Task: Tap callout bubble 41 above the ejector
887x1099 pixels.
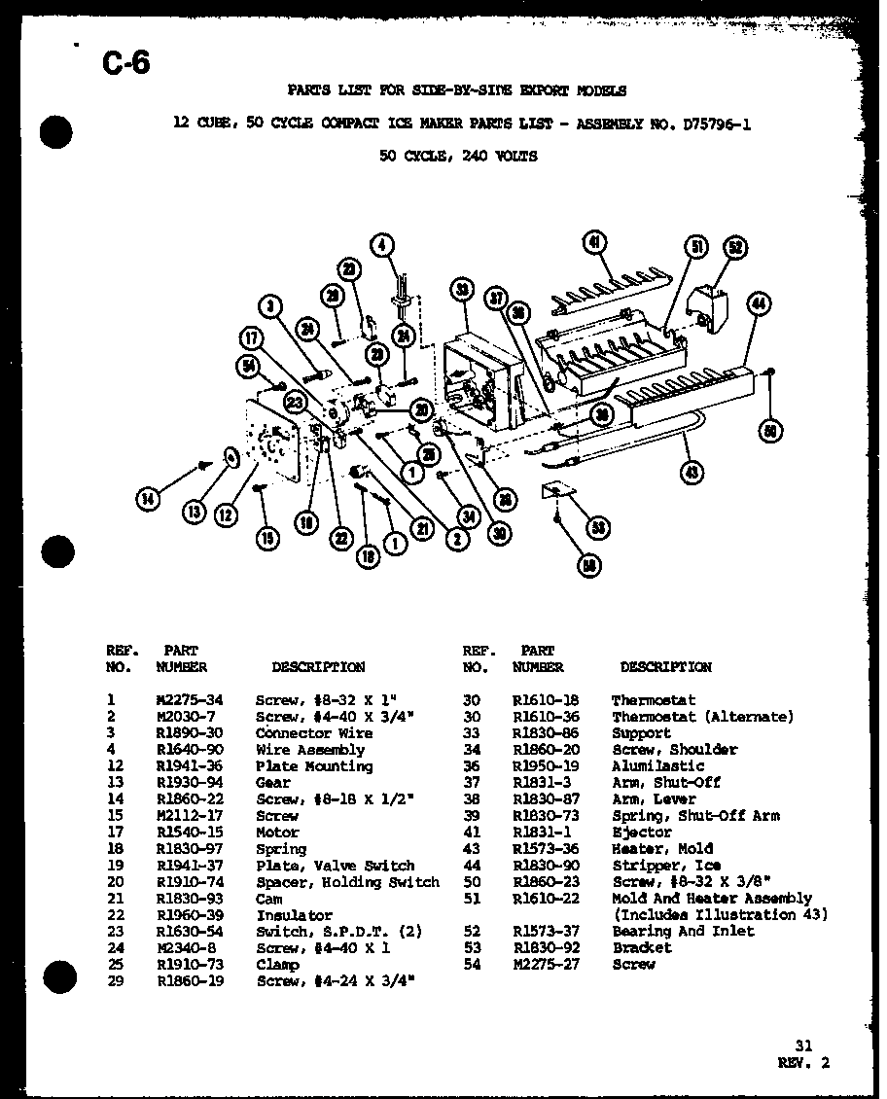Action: [x=594, y=243]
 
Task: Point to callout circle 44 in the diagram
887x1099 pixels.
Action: [x=759, y=305]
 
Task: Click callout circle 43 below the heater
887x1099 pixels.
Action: [x=692, y=474]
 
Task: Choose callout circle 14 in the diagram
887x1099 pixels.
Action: [x=148, y=500]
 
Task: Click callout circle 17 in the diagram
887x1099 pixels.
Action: [x=252, y=338]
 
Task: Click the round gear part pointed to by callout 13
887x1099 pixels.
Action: [x=231, y=455]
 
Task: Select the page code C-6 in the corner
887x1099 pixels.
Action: [x=125, y=65]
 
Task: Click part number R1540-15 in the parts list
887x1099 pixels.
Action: [x=190, y=833]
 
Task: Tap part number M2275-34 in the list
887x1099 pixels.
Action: [x=190, y=700]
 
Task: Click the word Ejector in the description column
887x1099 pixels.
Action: [x=641, y=833]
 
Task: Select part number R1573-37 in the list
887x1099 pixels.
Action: [x=545, y=932]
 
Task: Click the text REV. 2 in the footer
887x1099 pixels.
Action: [x=804, y=1063]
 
